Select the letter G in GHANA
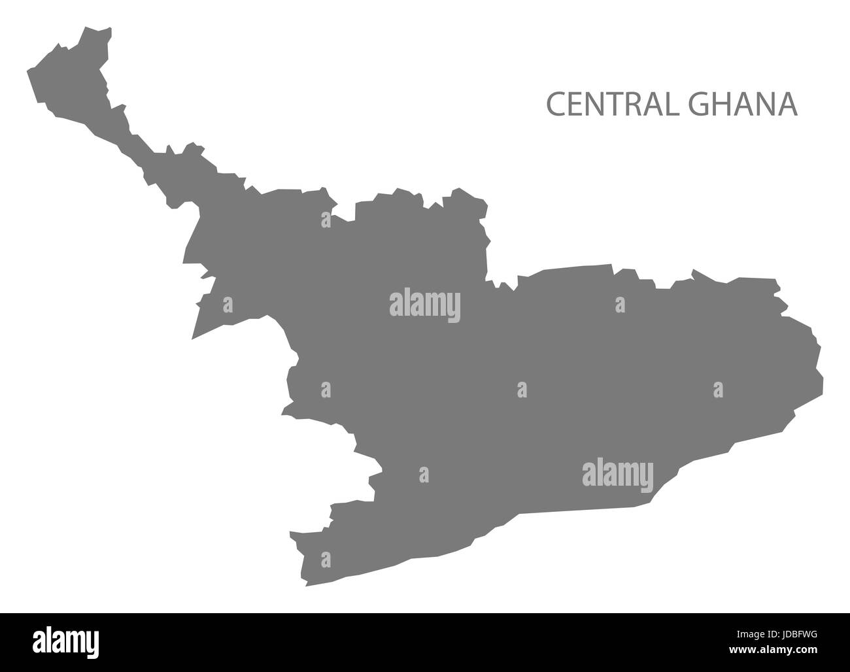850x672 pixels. pos(696,105)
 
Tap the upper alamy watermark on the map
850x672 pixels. pos(424,305)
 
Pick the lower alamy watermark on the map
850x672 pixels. pos(617,475)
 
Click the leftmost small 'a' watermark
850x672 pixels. pos(228,305)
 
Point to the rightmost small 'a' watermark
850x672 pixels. pos(718,390)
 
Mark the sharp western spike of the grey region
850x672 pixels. pos(193,339)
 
